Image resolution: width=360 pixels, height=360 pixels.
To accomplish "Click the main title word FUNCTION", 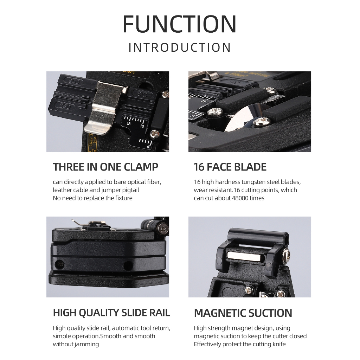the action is [180, 24].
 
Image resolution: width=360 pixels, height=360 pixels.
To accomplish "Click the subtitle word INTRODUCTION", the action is [180, 47].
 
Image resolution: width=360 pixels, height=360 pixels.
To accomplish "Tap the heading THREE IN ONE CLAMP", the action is [105, 167].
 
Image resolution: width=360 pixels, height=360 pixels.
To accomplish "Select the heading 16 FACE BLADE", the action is [230, 167].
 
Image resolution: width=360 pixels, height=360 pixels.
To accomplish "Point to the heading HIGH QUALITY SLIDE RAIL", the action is [111, 313].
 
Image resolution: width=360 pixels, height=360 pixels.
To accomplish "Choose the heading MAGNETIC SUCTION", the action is [243, 313].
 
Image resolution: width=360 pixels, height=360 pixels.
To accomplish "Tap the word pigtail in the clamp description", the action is [130, 190].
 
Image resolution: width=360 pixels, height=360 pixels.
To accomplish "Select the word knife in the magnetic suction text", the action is [279, 344].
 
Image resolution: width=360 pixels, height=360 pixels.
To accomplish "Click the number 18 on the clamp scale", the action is [129, 124].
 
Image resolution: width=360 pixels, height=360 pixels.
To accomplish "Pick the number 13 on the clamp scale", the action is [142, 126].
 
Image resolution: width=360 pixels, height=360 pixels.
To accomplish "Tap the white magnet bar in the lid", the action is [244, 256].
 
